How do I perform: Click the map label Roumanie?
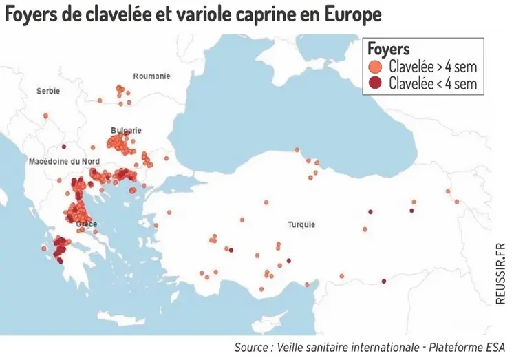(151, 76)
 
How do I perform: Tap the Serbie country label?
(48, 91)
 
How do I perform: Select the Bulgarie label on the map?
(126, 130)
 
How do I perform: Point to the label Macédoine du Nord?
(64, 161)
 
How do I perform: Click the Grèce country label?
(86, 224)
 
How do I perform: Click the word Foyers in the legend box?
(389, 49)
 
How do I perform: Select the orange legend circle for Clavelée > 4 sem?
(375, 67)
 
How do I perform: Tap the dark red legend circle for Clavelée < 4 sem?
(375, 84)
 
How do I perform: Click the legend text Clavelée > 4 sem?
(433, 67)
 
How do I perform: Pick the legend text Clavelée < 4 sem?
(433, 84)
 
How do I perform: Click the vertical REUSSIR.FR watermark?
(500, 272)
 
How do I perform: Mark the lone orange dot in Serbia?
(45, 116)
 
